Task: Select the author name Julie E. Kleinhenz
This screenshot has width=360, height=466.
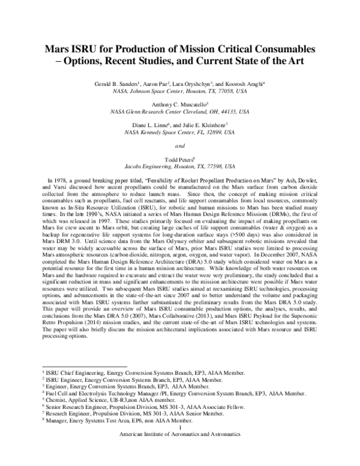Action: tap(206, 124)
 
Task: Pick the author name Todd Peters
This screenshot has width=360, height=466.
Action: tap(178, 159)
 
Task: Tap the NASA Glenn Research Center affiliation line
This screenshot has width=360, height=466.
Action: tap(180, 111)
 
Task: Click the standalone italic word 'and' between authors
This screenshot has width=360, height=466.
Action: tap(180, 145)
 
